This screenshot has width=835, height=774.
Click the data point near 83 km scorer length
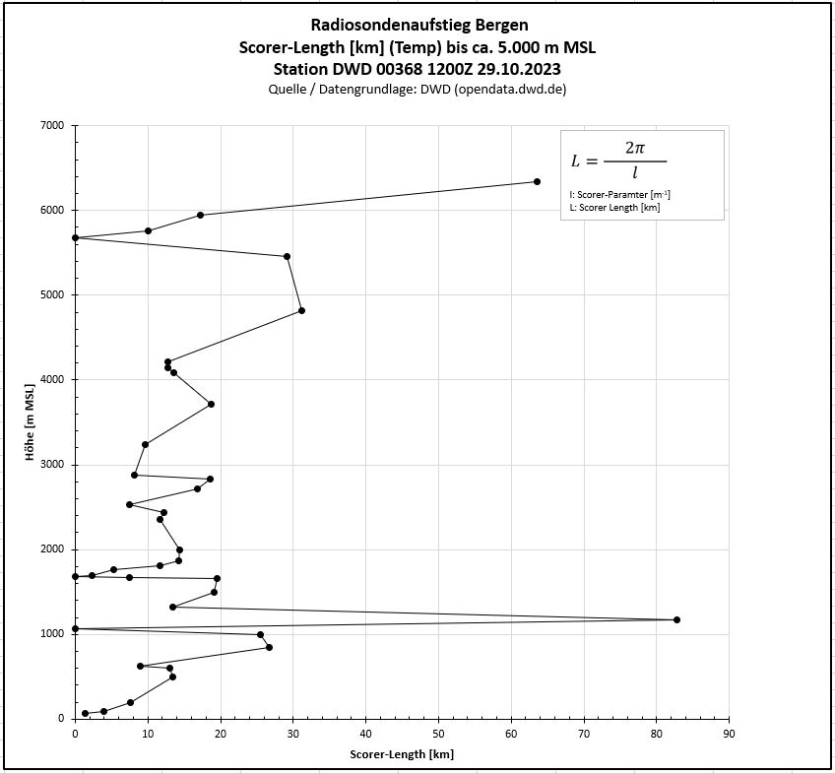(x=676, y=619)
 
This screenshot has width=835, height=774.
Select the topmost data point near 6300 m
(x=537, y=181)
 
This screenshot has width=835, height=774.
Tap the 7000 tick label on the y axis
(x=51, y=126)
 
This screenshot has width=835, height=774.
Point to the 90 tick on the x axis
(x=729, y=733)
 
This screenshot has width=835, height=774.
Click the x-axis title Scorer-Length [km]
(x=402, y=754)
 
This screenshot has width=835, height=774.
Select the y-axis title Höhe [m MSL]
(x=31, y=421)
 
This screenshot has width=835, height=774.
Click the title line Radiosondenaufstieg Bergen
(x=417, y=25)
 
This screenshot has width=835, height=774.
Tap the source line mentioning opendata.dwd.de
(x=417, y=89)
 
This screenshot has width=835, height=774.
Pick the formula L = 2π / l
(x=618, y=161)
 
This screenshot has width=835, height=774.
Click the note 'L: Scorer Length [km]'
(x=614, y=208)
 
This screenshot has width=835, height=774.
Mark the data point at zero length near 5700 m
(x=75, y=237)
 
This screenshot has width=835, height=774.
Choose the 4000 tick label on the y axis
(x=51, y=380)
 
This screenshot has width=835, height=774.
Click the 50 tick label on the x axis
(x=438, y=733)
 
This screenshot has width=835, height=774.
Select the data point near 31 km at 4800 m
(x=301, y=310)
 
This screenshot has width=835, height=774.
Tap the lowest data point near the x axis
(x=85, y=713)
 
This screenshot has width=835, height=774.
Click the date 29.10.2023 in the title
(x=519, y=69)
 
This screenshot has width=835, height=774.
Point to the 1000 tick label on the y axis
(x=51, y=634)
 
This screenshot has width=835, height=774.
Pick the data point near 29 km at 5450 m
(x=287, y=256)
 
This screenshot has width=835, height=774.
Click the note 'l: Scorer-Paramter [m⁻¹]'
(x=620, y=195)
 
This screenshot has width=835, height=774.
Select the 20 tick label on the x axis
(x=220, y=733)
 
